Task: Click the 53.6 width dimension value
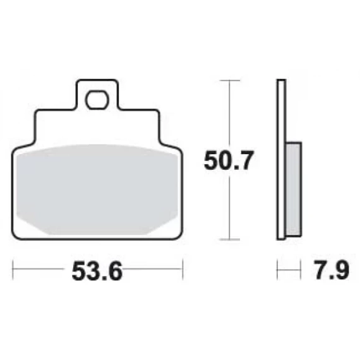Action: pos(97,272)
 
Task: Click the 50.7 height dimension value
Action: pos(229,160)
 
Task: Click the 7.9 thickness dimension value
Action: pos(332,270)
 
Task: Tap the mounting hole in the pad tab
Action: pos(97,99)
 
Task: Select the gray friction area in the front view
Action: pos(97,189)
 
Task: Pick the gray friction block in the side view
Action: pos(294,189)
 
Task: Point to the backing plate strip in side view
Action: pos(281,160)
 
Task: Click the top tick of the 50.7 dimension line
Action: pos(230,81)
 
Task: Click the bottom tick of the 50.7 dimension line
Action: pos(230,239)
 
